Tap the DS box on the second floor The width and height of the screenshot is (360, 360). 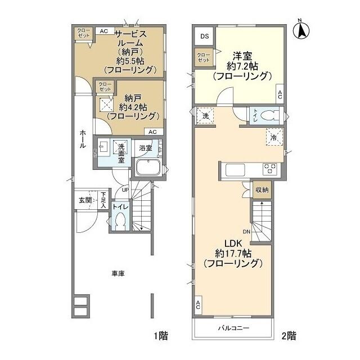(x=204, y=37)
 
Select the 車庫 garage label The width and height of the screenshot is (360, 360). (x=118, y=273)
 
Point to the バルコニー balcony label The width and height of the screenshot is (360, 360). (x=234, y=328)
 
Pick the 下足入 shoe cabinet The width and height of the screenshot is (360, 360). (x=103, y=201)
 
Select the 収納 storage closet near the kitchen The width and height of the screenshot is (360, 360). (x=262, y=190)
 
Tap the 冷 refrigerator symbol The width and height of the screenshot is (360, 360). (x=273, y=137)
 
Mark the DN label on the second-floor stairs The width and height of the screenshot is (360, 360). (x=246, y=231)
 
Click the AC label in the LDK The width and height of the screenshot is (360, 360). (x=198, y=307)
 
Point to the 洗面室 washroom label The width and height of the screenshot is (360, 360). (x=121, y=155)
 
